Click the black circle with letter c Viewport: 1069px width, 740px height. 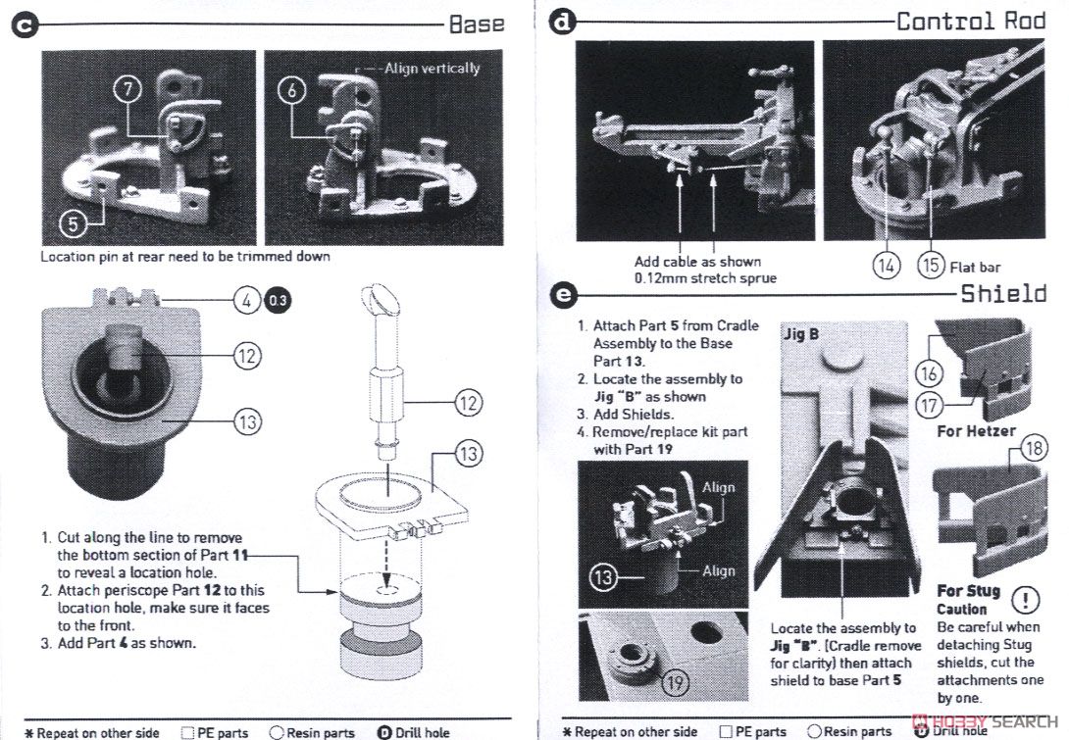[x=24, y=25]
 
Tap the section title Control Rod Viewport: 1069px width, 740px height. [x=971, y=21]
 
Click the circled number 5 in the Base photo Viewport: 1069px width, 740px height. [x=73, y=222]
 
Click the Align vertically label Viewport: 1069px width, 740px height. [x=432, y=68]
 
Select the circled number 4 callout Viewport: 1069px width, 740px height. [x=245, y=301]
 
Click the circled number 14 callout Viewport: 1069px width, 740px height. [x=887, y=266]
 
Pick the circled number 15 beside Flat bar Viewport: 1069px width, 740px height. [x=929, y=266]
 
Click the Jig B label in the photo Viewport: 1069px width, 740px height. [x=801, y=334]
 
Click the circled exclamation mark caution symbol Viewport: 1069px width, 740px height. [x=1025, y=599]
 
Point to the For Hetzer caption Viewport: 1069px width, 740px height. [x=976, y=430]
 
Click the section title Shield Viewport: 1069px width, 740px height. [x=1003, y=293]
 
